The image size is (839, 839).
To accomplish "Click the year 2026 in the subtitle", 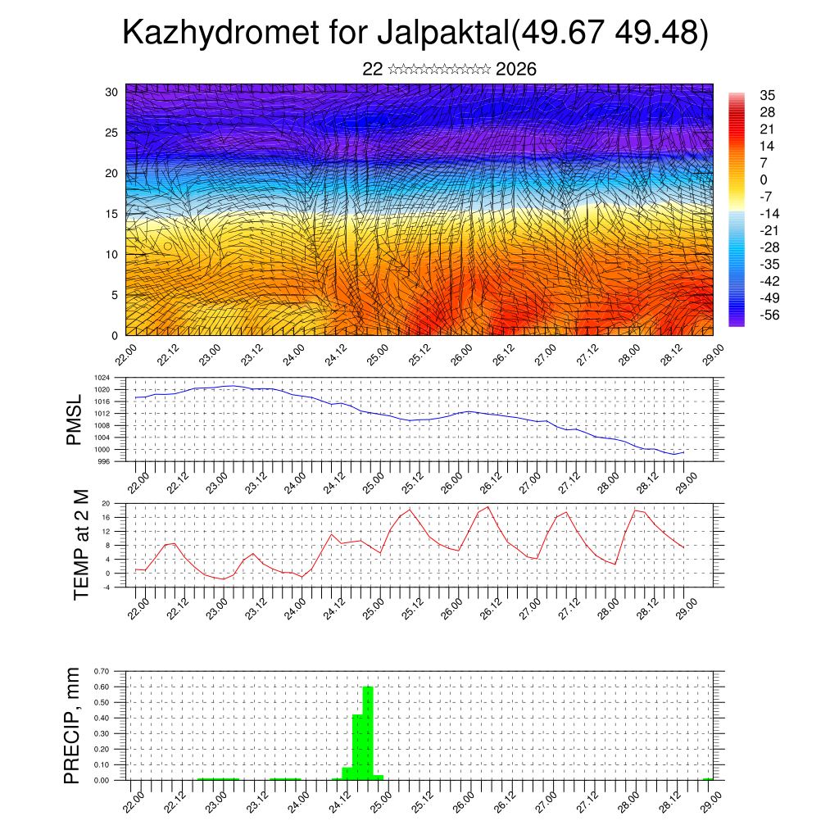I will (x=516, y=70).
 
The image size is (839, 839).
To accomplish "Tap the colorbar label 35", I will (x=768, y=95).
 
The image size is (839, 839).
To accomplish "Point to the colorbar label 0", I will (x=764, y=179).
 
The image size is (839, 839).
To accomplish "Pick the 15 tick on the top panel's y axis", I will (x=112, y=214).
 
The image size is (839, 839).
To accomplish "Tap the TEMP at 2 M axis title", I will (x=81, y=544).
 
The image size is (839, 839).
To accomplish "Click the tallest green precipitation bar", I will (x=368, y=733).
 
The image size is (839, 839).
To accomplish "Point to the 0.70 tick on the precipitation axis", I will (x=102, y=671).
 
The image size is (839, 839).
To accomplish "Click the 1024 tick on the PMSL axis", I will (x=102, y=378).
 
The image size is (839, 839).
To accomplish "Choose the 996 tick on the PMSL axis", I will (x=104, y=461).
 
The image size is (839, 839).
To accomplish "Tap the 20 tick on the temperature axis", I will (x=107, y=503).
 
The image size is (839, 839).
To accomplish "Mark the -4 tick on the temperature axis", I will (x=107, y=587).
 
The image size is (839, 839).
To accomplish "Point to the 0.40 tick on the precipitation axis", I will (x=102, y=718).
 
